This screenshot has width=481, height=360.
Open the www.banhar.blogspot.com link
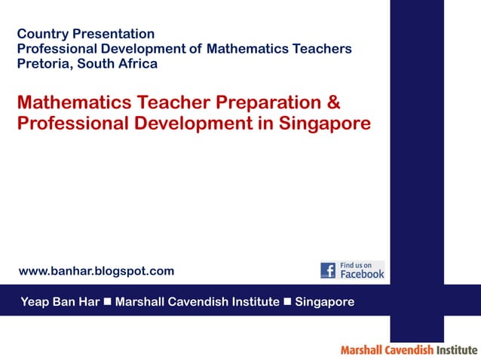[x=96, y=270]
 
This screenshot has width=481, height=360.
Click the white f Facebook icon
[x=328, y=270]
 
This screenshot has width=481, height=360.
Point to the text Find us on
[x=357, y=265]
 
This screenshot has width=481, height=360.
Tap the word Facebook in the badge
[x=363, y=275]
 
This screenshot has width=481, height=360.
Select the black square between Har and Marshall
[x=108, y=302]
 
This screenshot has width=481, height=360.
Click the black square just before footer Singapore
[x=286, y=302]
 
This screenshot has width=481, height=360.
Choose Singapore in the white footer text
[x=324, y=302]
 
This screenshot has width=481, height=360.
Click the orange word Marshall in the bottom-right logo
[x=362, y=350]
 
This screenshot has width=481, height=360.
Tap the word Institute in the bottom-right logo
[x=457, y=350]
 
